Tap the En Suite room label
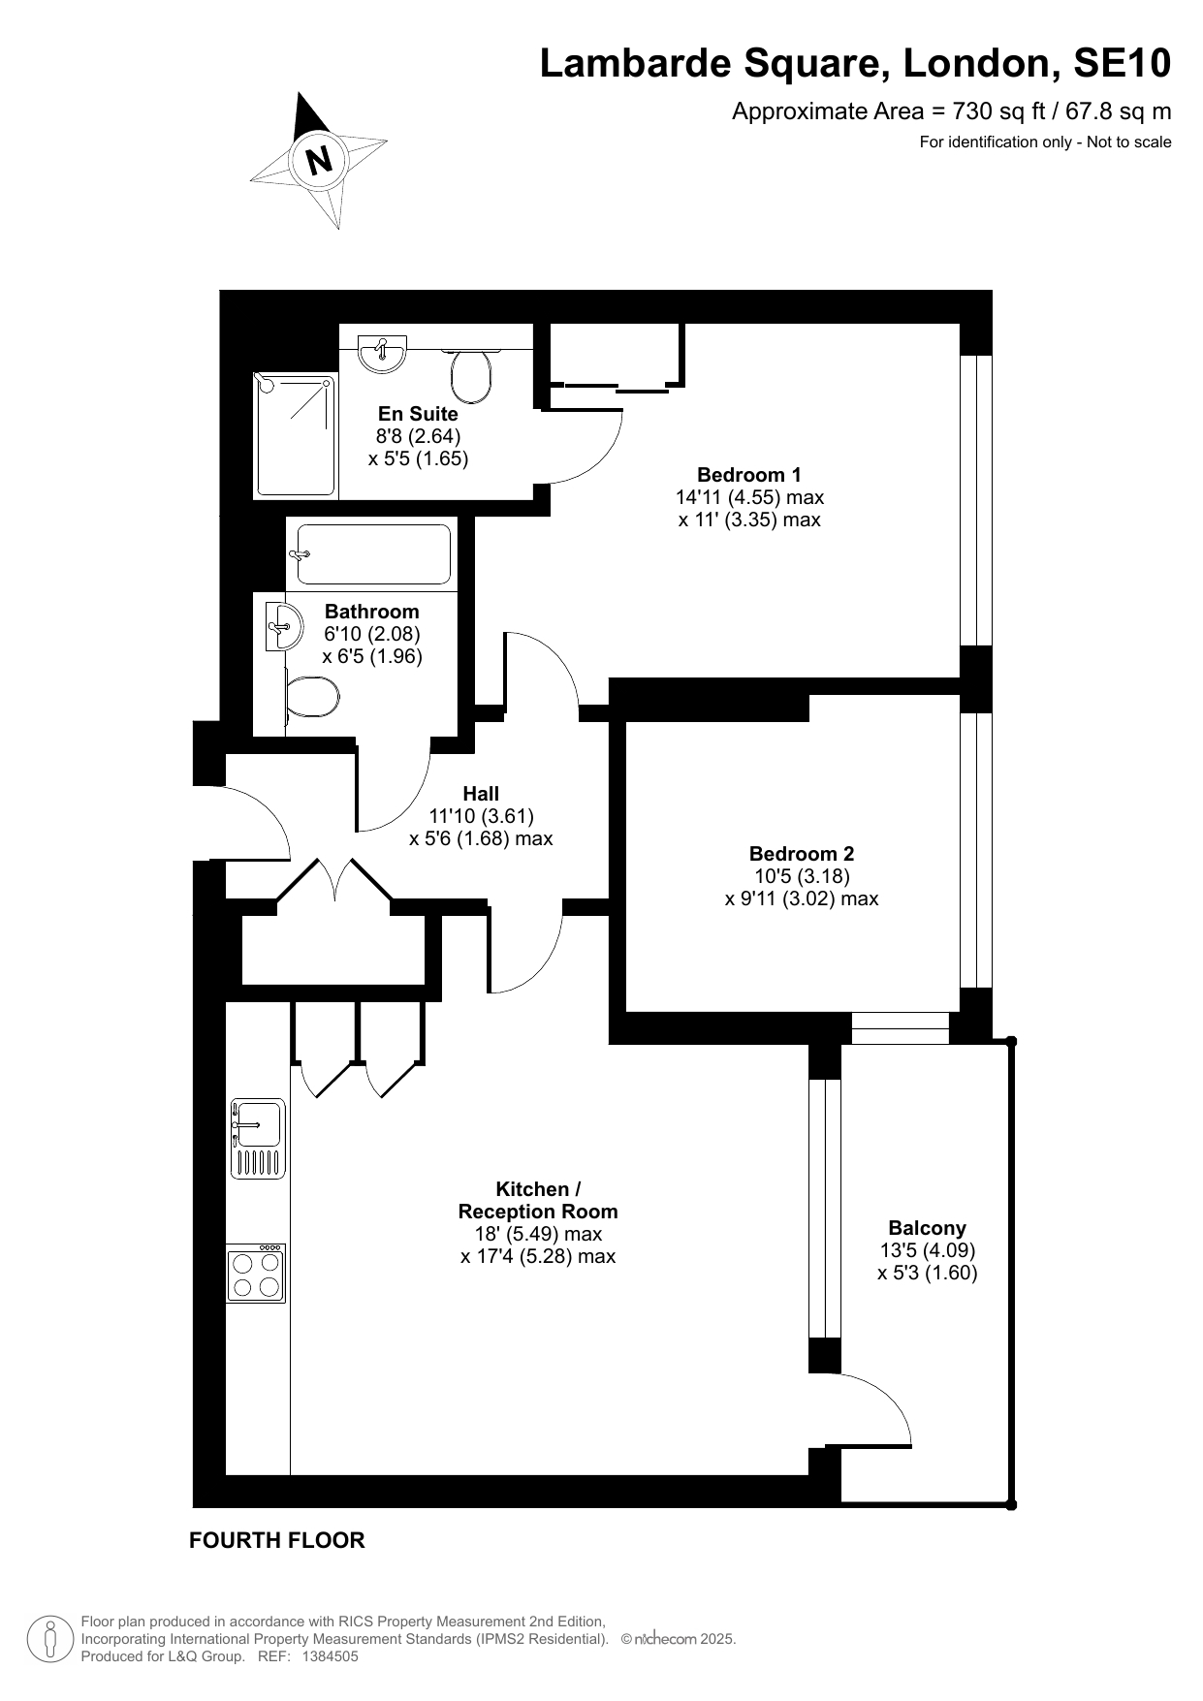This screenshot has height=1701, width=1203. (418, 414)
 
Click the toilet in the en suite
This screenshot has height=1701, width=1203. (472, 374)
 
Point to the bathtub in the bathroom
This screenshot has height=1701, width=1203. (373, 554)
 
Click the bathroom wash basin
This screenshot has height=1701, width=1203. (282, 626)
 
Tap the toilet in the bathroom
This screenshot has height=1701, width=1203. (310, 697)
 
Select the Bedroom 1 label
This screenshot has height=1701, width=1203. (749, 475)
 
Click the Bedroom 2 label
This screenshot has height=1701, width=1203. (802, 854)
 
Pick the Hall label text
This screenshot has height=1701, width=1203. (481, 794)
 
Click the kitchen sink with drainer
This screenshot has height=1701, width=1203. (258, 1139)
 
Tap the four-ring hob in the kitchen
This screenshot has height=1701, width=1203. (257, 1273)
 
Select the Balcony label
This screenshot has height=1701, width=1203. (928, 1229)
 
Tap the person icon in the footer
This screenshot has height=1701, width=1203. (49, 1639)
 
